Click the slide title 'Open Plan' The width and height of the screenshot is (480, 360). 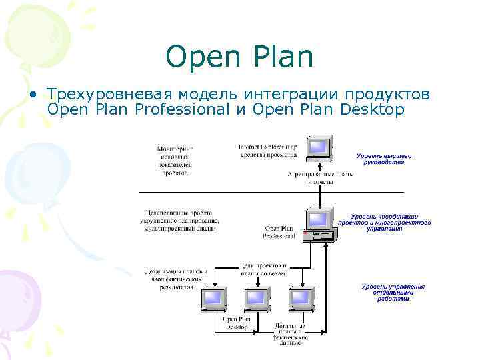239,57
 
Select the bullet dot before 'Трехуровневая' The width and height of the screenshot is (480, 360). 32,95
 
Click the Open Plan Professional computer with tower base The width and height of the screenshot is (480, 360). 319,225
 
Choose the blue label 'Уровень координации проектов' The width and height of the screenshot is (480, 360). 383,222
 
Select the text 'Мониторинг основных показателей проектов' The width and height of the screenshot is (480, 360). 174,160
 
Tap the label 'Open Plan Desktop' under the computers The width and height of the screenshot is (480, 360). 237,323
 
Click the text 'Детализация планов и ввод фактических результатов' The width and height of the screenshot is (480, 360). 176,279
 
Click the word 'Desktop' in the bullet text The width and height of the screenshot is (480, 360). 372,109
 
